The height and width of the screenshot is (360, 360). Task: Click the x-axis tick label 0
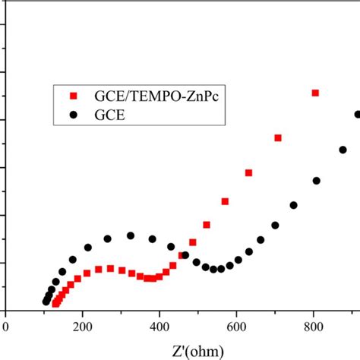pyautogui.click(x=6, y=325)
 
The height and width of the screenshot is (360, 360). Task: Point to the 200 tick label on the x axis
pyautogui.click(x=83, y=325)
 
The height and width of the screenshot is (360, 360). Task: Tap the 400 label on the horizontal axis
pyautogui.click(x=159, y=325)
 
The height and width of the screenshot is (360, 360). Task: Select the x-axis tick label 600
pyautogui.click(x=236, y=325)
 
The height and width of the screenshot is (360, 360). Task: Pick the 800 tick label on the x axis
pyautogui.click(x=314, y=325)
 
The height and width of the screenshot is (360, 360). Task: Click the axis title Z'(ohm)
pyautogui.click(x=176, y=349)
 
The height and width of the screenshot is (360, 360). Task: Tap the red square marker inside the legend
pyautogui.click(x=74, y=96)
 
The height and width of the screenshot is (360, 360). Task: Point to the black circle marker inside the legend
pyautogui.click(x=74, y=115)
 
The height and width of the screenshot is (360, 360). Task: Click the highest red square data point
pyautogui.click(x=315, y=93)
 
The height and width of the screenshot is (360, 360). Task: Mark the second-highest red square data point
pyautogui.click(x=278, y=137)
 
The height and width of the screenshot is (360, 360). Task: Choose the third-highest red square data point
pyautogui.click(x=249, y=173)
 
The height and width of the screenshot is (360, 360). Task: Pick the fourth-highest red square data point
pyautogui.click(x=225, y=201)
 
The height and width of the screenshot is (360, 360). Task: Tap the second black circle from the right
pyautogui.click(x=343, y=150)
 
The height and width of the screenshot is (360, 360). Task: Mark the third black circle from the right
pyautogui.click(x=317, y=181)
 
